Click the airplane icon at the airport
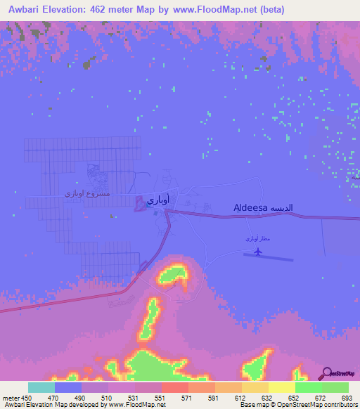pos(258,250)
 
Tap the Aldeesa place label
pos(251,208)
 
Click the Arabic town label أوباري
pos(156,200)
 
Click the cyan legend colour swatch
pos(41,387)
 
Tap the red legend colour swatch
pos(174,387)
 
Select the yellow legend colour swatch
pos(281,387)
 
